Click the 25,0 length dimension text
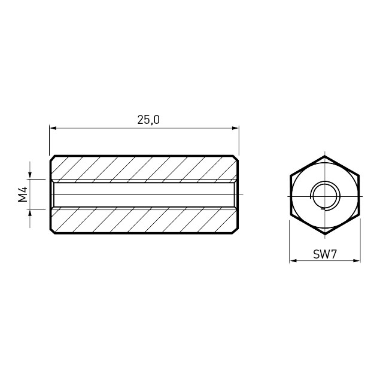148,120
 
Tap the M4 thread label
23,194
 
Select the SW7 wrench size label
325,254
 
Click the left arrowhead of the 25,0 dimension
53,128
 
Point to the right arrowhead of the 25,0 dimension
235,128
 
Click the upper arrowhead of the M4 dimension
30,175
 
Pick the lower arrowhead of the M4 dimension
30,213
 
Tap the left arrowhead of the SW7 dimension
293,261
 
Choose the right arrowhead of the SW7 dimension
357,261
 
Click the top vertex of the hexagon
325,156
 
